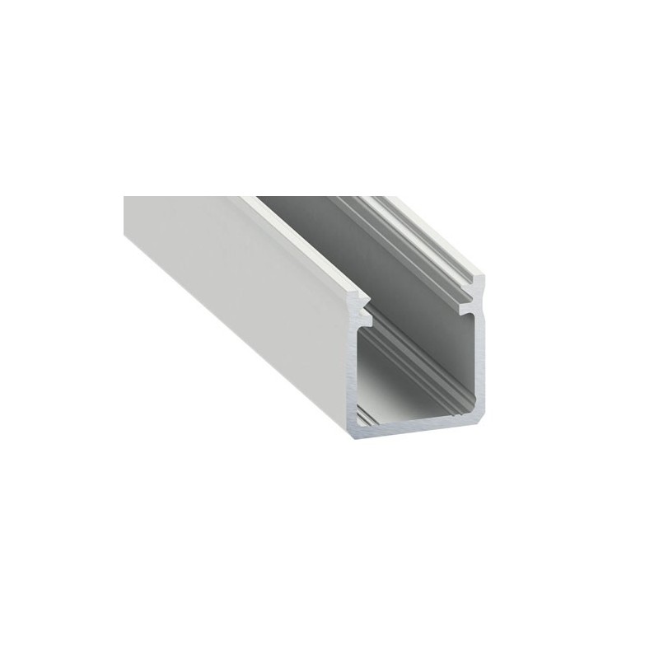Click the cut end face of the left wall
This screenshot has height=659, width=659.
click(352, 371)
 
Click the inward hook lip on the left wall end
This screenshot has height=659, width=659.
click(367, 317)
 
